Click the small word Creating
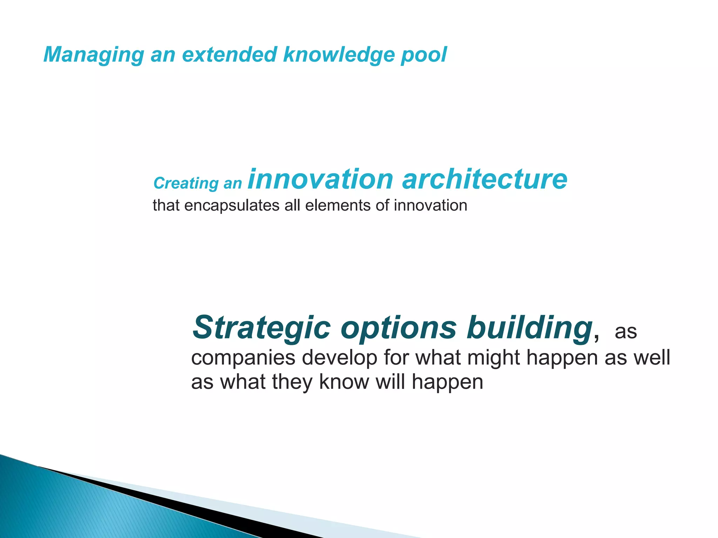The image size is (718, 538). coord(186,183)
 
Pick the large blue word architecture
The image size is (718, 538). coord(485,179)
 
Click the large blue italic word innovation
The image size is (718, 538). coord(320,179)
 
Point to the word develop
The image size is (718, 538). coord(339,357)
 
